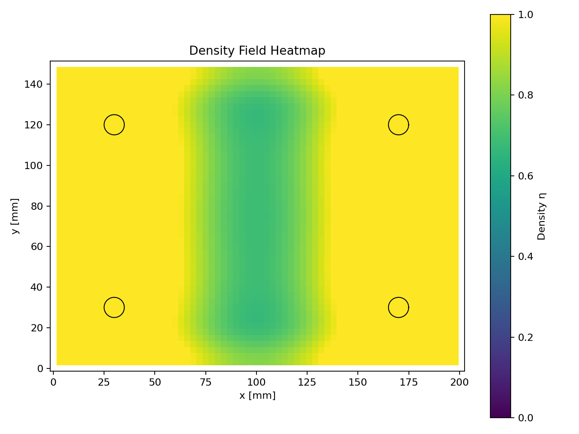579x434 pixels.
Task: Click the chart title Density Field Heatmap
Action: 257,51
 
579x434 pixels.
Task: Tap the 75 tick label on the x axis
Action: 206,382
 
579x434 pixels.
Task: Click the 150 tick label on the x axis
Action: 358,382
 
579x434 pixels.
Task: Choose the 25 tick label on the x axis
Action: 104,382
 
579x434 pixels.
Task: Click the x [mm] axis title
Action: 257,396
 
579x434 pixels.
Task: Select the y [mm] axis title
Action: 15,216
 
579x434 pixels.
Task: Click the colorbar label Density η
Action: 541,216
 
